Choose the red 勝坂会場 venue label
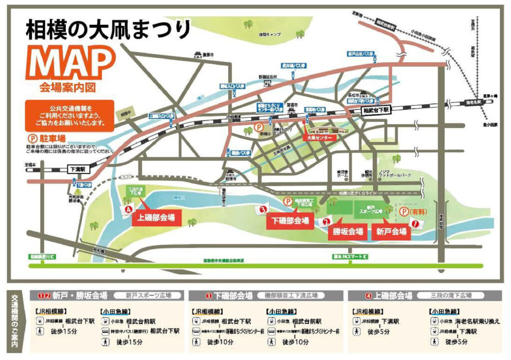click(347, 232)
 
